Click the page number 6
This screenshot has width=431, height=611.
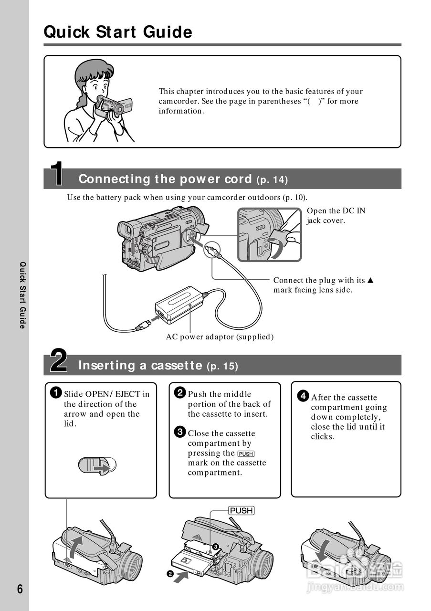click(20, 589)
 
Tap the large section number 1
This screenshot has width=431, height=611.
click(57, 174)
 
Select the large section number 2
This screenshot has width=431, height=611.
click(59, 361)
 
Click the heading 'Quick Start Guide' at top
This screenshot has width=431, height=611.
click(118, 32)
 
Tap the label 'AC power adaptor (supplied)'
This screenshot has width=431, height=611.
click(220, 337)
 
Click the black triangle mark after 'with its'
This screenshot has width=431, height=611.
click(370, 280)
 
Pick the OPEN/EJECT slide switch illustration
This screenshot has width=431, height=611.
click(97, 466)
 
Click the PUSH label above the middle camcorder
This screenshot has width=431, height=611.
click(241, 511)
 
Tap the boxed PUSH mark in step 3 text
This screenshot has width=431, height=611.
click(246, 453)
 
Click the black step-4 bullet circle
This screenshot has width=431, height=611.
click(303, 397)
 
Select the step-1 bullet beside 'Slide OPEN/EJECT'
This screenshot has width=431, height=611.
click(56, 393)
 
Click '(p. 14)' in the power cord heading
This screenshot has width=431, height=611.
click(272, 180)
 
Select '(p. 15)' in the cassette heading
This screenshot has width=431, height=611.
click(222, 367)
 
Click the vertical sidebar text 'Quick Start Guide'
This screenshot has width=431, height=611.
click(21, 295)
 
